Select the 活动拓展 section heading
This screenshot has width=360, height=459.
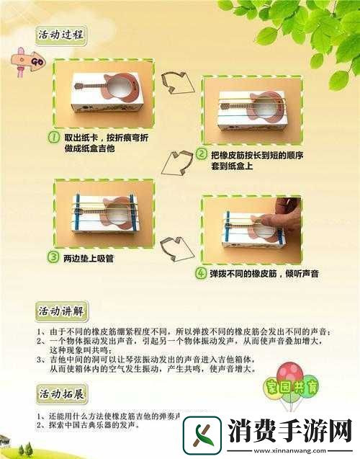61,394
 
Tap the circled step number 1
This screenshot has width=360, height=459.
53,136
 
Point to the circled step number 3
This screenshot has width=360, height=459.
53,256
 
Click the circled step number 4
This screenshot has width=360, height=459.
201,273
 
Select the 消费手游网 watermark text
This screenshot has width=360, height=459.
291,433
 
